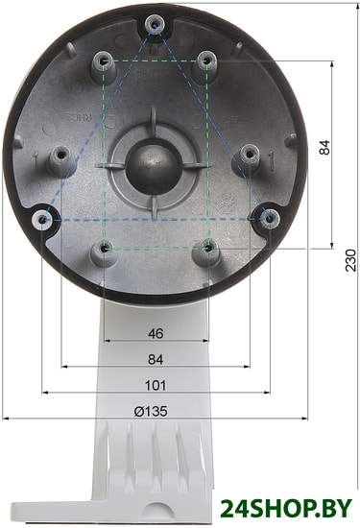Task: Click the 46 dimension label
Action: [x=156, y=333]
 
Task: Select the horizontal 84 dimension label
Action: [x=156, y=359]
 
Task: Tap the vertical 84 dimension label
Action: [x=324, y=147]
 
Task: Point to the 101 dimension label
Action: [x=156, y=385]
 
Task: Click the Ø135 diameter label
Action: [x=151, y=411]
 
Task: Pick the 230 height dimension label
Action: [x=351, y=260]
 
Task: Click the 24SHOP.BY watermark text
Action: [x=286, y=508]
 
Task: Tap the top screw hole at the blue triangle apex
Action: [x=155, y=25]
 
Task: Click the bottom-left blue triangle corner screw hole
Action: [x=42, y=220]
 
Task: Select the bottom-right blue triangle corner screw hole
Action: [x=269, y=219]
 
